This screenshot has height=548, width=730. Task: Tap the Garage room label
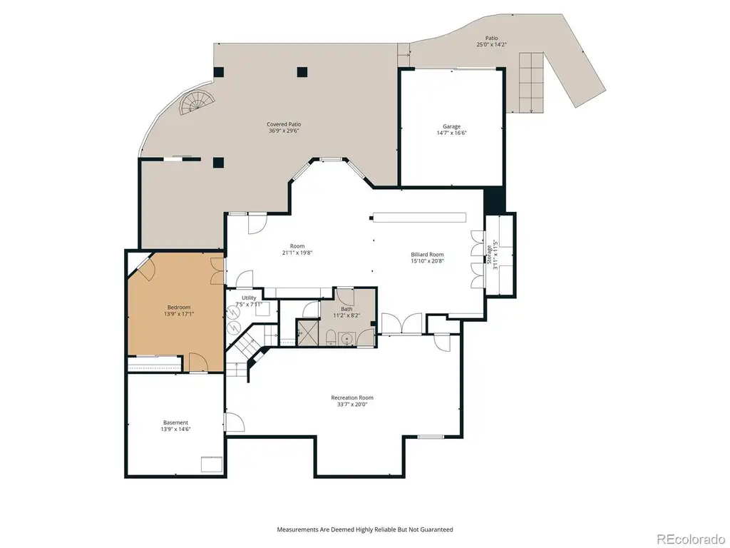[451, 126]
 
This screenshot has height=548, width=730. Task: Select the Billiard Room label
[427, 255]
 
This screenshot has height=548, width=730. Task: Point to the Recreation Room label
[352, 397]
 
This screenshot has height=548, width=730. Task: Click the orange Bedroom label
[179, 308]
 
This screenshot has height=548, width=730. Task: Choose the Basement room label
[175, 422]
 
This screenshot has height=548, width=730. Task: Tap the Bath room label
[346, 309]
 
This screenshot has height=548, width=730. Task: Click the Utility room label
[249, 298]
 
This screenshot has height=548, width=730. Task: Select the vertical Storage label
[489, 255]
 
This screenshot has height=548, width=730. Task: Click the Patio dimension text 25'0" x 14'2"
[491, 45]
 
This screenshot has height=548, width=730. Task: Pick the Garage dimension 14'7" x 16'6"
[451, 133]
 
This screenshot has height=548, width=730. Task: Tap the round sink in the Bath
[346, 338]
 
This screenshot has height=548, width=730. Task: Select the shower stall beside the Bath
[307, 333]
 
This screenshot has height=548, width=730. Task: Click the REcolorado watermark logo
[691, 539]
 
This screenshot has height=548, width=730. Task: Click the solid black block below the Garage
[495, 201]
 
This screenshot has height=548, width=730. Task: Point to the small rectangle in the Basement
[211, 465]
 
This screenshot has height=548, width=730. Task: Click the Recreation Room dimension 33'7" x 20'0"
[352, 405]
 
